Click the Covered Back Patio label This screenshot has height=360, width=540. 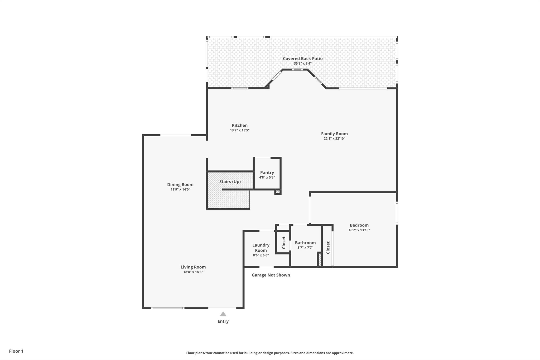click(x=303, y=59)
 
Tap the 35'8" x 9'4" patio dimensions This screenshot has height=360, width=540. click(x=303, y=64)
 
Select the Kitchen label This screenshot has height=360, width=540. click(x=240, y=126)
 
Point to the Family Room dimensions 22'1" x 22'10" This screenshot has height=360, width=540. click(x=334, y=139)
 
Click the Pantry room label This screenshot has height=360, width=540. click(x=267, y=172)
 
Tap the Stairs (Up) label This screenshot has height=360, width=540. click(x=230, y=182)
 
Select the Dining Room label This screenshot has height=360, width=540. click(x=180, y=185)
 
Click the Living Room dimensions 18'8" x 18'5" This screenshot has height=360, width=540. click(x=193, y=272)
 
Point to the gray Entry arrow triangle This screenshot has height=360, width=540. click(x=223, y=314)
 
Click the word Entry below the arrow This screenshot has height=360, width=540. click(x=223, y=321)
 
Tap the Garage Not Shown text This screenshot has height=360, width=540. click(x=271, y=275)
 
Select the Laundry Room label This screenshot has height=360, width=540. click(x=261, y=248)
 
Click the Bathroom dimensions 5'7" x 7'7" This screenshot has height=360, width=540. click(x=305, y=248)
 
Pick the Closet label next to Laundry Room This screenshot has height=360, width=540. click(x=284, y=243)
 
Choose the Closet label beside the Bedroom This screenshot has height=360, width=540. click(x=328, y=248)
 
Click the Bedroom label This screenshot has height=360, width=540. click(x=359, y=225)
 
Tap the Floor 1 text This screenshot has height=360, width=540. click(x=16, y=351)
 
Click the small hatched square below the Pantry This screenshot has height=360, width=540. click(x=278, y=192)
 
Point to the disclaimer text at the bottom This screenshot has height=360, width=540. click(x=270, y=353)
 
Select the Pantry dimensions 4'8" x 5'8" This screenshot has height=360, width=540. click(x=267, y=177)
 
